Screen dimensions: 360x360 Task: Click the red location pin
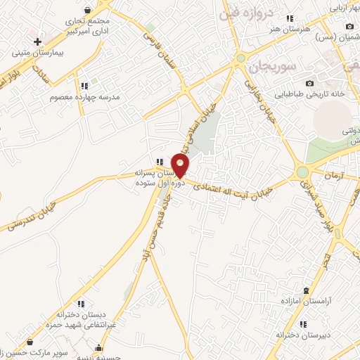(181, 165)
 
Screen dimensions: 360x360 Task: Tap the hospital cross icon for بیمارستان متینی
(37, 43)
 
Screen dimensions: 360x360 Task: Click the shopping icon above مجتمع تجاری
(87, 10)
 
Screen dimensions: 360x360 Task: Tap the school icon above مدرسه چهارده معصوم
(84, 86)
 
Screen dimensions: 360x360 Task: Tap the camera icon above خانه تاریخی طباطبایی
(309, 84)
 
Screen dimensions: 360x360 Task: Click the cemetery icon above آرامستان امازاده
(305, 290)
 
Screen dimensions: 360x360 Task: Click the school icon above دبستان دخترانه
(80, 304)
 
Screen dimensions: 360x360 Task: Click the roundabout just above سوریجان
(240, 58)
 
